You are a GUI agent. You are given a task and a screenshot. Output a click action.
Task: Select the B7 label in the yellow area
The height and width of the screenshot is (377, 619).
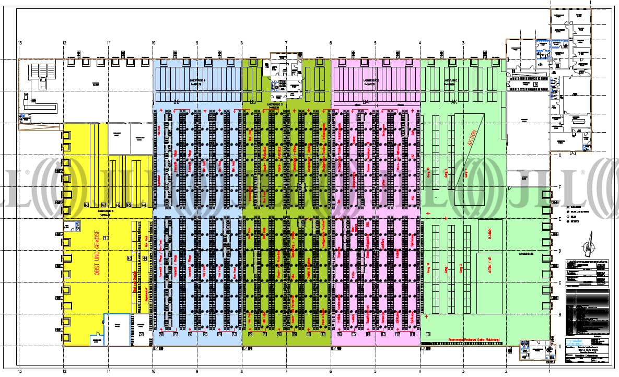[x=107, y=239]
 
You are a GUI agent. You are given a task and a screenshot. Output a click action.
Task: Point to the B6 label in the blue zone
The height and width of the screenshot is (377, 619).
[x=177, y=102]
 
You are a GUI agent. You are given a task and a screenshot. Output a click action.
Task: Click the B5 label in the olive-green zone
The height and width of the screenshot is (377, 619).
[x=253, y=102]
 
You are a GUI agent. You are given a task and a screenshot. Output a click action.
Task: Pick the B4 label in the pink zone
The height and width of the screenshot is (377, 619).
[x=366, y=102]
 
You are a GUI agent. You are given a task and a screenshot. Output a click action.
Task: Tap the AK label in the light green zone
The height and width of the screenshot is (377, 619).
[x=454, y=102]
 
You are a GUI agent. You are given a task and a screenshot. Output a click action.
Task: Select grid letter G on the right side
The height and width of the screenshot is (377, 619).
[x=559, y=156]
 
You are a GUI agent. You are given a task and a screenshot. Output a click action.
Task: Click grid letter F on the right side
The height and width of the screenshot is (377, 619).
[x=559, y=187]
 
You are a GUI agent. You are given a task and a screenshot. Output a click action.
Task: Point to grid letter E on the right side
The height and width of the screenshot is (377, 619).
[x=559, y=219]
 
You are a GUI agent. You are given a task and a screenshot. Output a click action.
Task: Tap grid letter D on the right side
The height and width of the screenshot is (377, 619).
[x=559, y=251]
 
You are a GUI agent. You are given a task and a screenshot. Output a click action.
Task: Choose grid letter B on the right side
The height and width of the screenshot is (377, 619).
[x=559, y=315]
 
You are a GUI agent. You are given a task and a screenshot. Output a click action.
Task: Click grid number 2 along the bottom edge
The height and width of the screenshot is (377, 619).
[x=506, y=372]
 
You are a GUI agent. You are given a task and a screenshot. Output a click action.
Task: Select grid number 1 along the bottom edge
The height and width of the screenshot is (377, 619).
[x=550, y=372]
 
